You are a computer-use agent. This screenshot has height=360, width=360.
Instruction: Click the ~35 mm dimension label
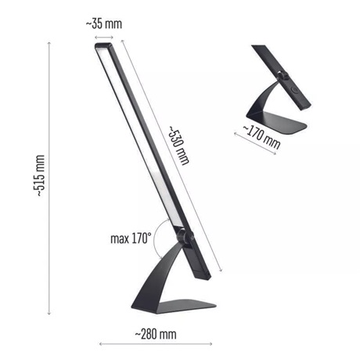104,24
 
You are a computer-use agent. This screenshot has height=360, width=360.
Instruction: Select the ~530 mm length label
178,146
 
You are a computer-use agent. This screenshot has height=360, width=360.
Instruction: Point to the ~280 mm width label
156,334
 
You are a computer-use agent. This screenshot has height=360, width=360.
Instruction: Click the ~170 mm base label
261,137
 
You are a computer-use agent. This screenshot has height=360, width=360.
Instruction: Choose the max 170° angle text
131,239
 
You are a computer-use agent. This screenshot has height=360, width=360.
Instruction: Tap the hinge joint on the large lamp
185,236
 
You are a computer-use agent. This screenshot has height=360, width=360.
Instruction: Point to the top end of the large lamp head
104,45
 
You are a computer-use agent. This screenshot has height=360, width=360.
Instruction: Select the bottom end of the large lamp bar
203,276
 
